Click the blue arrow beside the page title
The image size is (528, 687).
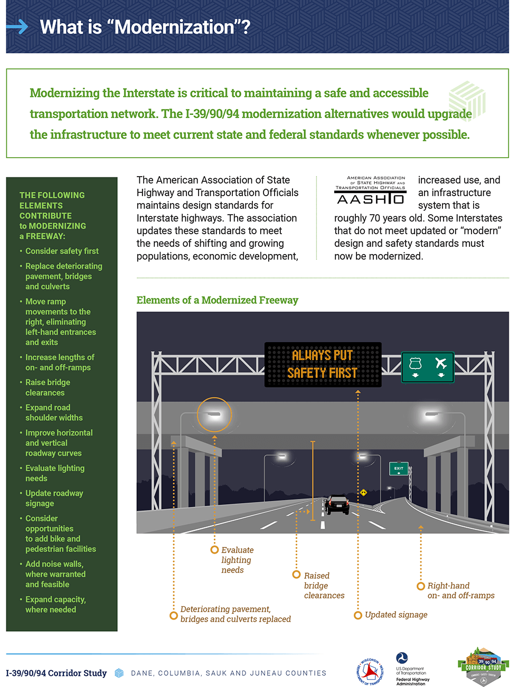click(x=17, y=26)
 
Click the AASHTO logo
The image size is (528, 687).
click(x=371, y=190)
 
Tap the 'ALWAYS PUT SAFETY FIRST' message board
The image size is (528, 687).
click(x=323, y=364)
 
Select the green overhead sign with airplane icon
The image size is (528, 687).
click(x=428, y=367)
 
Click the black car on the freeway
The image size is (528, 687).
click(x=337, y=505)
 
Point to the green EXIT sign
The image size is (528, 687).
click(x=399, y=468)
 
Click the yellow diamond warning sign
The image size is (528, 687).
click(x=363, y=492)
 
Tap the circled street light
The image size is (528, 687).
click(x=214, y=414)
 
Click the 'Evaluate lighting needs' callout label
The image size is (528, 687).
click(x=237, y=560)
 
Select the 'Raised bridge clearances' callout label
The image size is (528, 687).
click(x=324, y=585)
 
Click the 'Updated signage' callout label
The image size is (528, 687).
click(x=395, y=615)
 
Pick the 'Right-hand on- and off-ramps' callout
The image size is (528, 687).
click(x=460, y=591)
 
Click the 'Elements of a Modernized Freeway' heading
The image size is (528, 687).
click(x=217, y=300)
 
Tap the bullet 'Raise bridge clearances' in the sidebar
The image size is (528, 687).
click(x=48, y=388)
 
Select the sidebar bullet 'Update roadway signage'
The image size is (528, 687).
click(x=54, y=498)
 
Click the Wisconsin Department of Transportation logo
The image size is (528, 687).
click(x=370, y=672)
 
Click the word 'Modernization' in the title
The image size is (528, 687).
click(x=174, y=27)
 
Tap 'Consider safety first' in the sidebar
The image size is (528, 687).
click(x=62, y=251)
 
